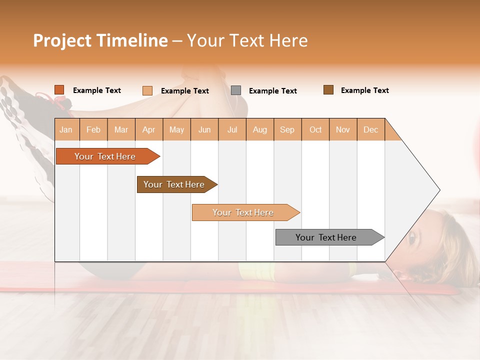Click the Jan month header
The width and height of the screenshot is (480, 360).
tap(66, 129)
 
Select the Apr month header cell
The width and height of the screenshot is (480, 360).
tap(149, 129)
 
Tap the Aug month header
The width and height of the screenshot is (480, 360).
tap(260, 129)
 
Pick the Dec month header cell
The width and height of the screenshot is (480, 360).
tap(371, 129)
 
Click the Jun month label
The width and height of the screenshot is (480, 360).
tap(204, 129)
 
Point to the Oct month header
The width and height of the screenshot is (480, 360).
tap(315, 129)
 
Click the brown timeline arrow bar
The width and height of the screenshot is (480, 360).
tap(175, 184)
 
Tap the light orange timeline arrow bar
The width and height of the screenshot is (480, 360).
tap(244, 212)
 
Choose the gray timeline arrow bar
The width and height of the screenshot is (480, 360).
tap(327, 237)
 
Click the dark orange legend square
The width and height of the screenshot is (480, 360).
tap(59, 90)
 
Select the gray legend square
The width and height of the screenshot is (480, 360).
tap(236, 90)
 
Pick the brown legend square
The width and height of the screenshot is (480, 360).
tap(328, 90)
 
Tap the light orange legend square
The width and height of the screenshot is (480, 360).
tap(147, 90)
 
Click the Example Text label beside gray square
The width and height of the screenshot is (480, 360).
tap(272, 91)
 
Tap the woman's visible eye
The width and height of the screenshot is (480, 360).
tap(411, 237)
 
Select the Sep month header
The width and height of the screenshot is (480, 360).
tap(287, 129)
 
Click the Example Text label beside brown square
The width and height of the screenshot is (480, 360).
tap(364, 90)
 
